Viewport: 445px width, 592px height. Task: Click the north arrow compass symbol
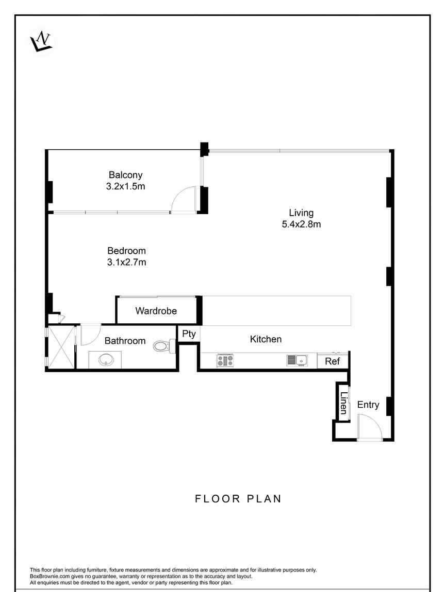(41, 41)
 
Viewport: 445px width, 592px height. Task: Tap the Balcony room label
(125, 175)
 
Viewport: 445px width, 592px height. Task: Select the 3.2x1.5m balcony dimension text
(125, 186)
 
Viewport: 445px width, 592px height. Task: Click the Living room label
(301, 213)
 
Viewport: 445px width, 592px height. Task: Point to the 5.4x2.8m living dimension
(301, 224)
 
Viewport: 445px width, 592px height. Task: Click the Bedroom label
(127, 251)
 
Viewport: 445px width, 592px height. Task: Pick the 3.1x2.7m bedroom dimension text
(127, 262)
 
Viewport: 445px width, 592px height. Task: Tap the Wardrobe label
(156, 311)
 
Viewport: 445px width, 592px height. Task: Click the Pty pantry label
(189, 334)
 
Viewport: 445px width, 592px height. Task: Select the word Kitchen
(266, 339)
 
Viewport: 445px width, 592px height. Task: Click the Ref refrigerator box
(333, 361)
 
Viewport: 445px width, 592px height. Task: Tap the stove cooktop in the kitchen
(225, 360)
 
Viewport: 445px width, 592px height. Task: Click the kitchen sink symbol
(297, 360)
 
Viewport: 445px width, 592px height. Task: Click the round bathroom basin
(106, 360)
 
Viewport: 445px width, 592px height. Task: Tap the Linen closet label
(343, 403)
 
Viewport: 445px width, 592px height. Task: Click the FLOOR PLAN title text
(238, 499)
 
